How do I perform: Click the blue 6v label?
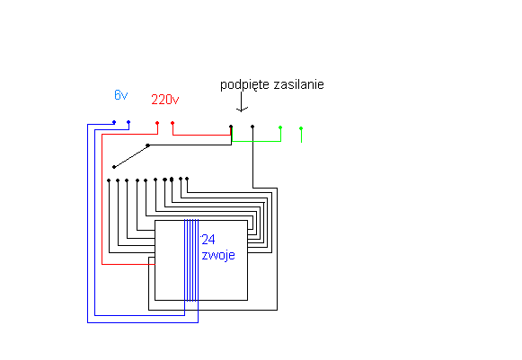[x=121, y=95]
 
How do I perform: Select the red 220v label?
[x=165, y=100]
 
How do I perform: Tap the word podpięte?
[x=244, y=85]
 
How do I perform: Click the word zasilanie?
[x=298, y=84]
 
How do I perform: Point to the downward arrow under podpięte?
[x=242, y=102]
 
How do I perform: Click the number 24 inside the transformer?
[x=208, y=240]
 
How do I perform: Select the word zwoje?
[x=218, y=255]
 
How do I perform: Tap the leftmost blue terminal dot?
[x=114, y=122]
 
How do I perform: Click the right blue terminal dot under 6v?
[x=128, y=122]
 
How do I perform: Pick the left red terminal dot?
[x=157, y=123]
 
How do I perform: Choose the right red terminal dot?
[x=173, y=123]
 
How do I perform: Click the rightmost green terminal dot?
[x=301, y=128]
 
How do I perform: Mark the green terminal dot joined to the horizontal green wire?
[x=280, y=127]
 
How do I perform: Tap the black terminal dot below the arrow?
[x=231, y=127]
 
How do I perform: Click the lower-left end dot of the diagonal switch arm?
[x=114, y=167]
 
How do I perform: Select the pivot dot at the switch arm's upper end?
[x=148, y=145]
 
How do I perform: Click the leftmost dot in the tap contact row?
[x=109, y=180]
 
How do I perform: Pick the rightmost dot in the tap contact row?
[x=187, y=179]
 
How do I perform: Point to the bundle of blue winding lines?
[x=191, y=260]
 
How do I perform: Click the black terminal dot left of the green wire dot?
[x=252, y=127]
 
